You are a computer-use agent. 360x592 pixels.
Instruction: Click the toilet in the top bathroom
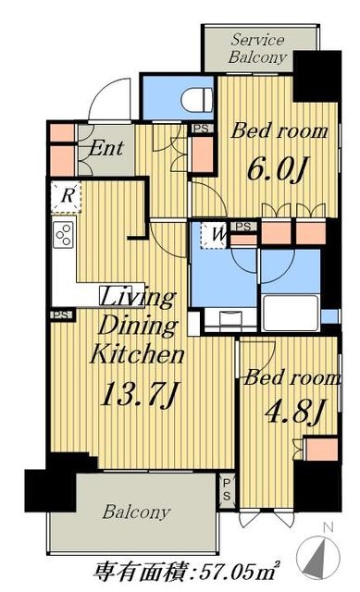click(195, 101)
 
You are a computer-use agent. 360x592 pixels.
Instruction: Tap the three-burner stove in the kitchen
click(64, 234)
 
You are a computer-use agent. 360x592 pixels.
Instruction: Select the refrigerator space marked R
click(66, 196)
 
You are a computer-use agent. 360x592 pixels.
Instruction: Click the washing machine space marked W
click(214, 235)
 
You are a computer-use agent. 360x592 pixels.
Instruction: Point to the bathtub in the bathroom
click(290, 313)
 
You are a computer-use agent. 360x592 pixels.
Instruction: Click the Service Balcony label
click(257, 48)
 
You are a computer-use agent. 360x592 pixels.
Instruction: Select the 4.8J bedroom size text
click(295, 412)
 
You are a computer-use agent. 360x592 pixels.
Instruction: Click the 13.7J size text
click(140, 395)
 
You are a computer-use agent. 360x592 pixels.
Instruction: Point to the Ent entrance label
click(106, 148)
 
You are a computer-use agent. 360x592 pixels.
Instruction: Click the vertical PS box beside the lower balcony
click(227, 489)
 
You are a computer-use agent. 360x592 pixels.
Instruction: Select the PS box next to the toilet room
click(202, 129)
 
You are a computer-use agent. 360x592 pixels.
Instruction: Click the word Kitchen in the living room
click(137, 355)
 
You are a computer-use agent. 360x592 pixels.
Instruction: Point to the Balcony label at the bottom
click(136, 512)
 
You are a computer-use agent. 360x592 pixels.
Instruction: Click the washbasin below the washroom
click(230, 319)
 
